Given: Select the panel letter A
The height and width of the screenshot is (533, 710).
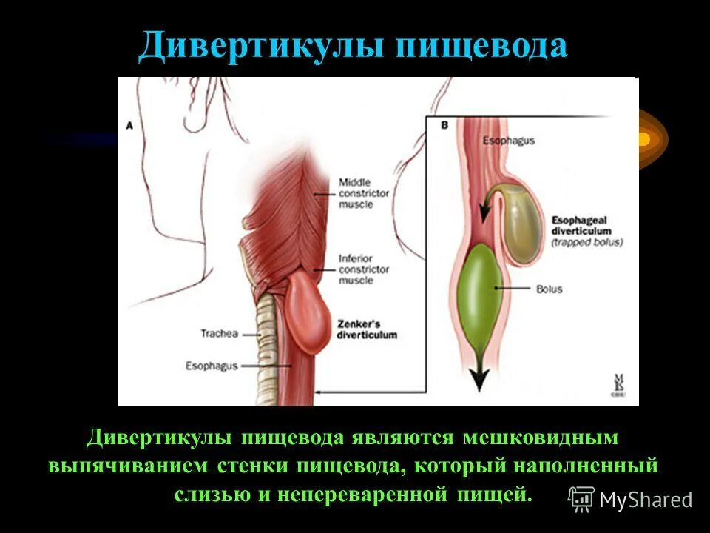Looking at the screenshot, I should click(129, 127).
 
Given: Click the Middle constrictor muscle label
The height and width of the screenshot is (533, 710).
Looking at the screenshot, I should click(364, 193).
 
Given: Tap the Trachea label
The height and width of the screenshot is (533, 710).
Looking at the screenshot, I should click(220, 333).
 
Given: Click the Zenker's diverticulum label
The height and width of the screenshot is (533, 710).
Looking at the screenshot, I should click(368, 329).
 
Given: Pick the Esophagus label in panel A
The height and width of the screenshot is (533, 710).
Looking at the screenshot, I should click(212, 366).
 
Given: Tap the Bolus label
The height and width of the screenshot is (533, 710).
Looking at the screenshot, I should click(550, 289).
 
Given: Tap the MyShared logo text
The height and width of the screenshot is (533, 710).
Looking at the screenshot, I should click(646, 500).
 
